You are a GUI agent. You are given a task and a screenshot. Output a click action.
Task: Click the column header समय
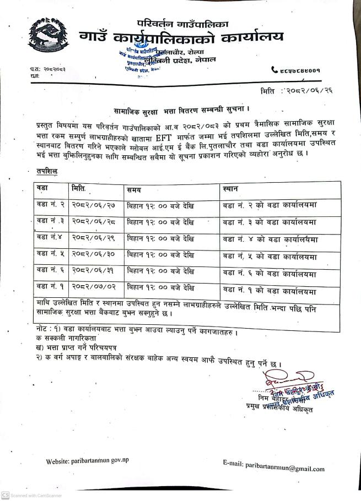(x=133, y=189)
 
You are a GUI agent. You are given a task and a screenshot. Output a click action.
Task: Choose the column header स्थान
(x=231, y=189)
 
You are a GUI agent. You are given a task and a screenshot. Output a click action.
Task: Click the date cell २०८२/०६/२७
(x=95, y=206)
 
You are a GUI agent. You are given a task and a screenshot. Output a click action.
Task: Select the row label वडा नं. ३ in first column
(x=51, y=221)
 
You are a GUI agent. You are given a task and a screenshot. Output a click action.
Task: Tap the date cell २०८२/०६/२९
(x=95, y=238)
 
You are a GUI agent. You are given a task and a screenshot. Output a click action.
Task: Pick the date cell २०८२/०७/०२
(x=95, y=287)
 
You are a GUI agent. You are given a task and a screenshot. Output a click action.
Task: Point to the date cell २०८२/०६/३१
(x=95, y=271)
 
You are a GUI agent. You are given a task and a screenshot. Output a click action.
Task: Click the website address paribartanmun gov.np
(x=87, y=460)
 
